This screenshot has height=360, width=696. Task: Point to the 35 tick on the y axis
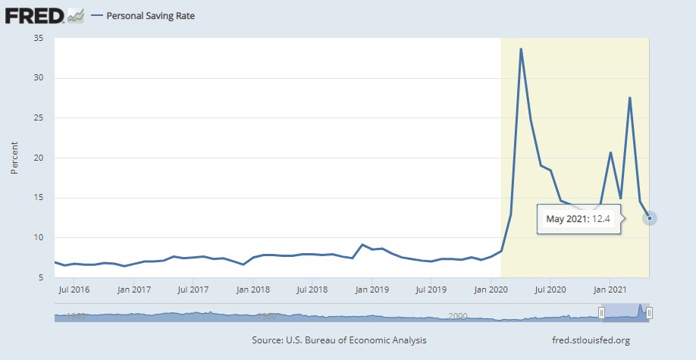click(x=39, y=38)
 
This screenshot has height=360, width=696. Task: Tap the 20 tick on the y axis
click(x=39, y=158)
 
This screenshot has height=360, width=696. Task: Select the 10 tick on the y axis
click(x=39, y=237)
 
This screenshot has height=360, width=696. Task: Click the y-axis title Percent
click(x=14, y=157)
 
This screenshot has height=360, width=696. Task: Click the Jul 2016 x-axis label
click(x=74, y=289)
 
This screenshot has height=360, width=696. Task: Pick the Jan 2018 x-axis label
click(x=252, y=289)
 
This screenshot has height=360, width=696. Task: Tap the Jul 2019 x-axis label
click(x=431, y=289)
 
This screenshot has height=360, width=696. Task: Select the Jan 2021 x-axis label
click(x=610, y=289)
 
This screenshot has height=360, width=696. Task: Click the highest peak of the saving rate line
click(x=521, y=49)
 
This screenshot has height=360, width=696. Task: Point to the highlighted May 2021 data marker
click(x=650, y=218)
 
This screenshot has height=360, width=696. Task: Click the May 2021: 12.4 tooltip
click(x=578, y=220)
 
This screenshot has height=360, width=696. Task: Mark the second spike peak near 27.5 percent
click(x=630, y=97)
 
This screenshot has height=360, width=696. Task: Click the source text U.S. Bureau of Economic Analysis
click(x=339, y=340)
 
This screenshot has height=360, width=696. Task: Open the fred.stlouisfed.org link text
click(x=591, y=340)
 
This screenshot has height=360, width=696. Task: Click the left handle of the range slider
click(x=601, y=313)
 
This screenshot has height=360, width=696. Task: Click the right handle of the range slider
click(x=650, y=313)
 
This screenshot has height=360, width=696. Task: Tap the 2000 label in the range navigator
click(x=457, y=315)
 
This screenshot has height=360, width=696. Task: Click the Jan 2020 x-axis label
click(x=491, y=289)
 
